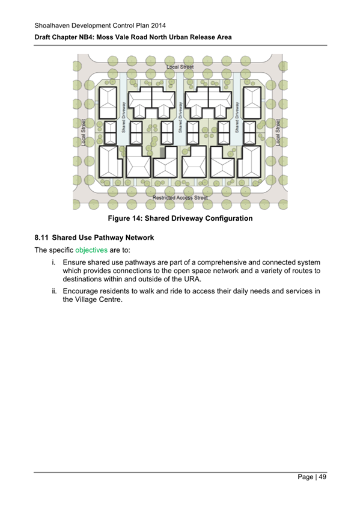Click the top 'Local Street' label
[180, 67]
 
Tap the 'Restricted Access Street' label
[180, 197]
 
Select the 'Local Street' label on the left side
[83, 132]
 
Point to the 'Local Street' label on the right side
[278, 132]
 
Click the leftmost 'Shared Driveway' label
[123, 117]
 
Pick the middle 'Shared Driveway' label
[180, 117]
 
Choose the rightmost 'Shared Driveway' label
[237, 117]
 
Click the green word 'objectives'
[91, 250]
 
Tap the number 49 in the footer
[322, 477]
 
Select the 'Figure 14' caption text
[180, 218]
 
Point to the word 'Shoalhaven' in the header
[52, 25]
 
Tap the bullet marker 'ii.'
[54, 290]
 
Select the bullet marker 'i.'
[55, 262]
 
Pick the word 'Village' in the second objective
[87, 300]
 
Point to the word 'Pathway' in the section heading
[115, 238]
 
